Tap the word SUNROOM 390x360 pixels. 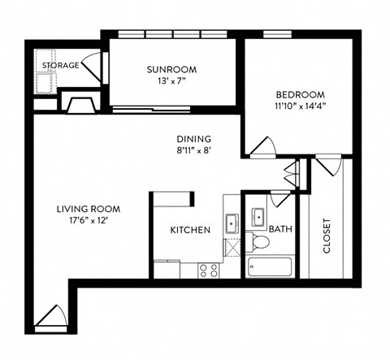pos(171,68)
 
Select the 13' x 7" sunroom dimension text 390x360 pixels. pos(171,80)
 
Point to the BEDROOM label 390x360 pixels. pos(300,93)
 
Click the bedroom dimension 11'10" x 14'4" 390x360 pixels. pos(300,106)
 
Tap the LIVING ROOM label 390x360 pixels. pos(89,209)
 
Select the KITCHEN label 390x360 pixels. pos(190,230)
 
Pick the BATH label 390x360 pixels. pos(280,229)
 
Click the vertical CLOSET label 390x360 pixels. pos(327,236)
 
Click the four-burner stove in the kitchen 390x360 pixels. pos(208,269)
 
